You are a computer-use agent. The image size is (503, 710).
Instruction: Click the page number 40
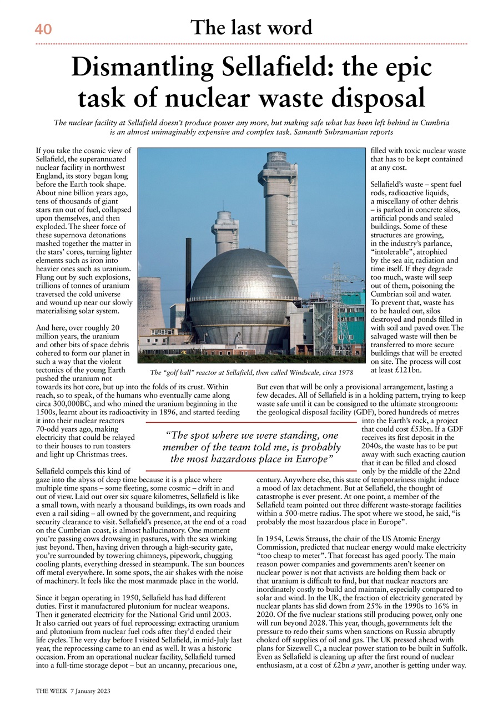click(43, 29)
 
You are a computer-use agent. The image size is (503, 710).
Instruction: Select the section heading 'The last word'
click(251, 27)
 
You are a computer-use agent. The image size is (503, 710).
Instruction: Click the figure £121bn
click(411, 370)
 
